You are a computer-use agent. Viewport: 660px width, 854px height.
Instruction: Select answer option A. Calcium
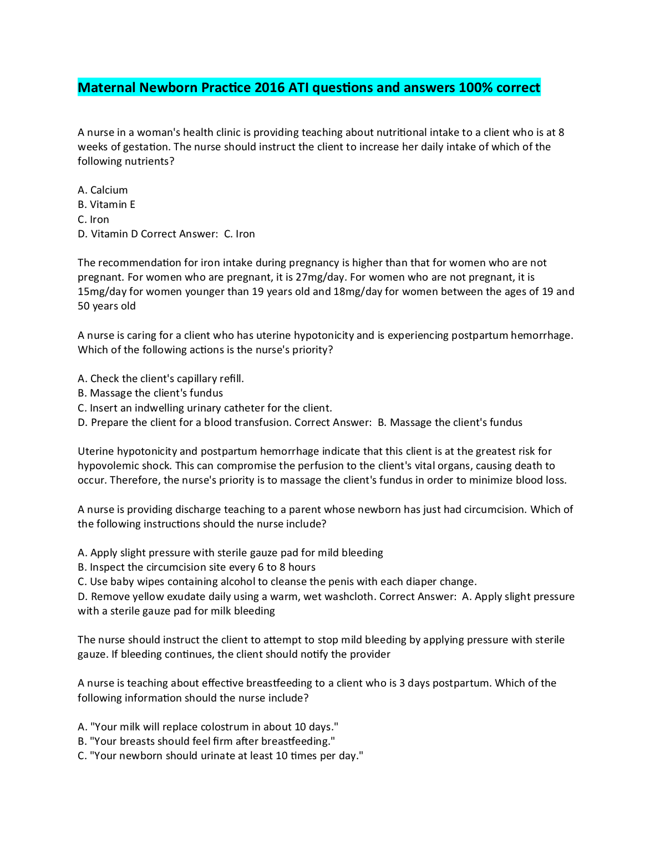103,190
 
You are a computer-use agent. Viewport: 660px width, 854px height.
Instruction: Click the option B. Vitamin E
106,205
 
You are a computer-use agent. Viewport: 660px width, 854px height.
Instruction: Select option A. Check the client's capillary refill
161,379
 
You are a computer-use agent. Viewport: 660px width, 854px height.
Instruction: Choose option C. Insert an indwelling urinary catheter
205,408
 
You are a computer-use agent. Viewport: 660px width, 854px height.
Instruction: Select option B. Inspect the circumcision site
196,567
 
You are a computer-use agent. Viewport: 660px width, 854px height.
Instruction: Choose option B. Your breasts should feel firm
206,741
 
